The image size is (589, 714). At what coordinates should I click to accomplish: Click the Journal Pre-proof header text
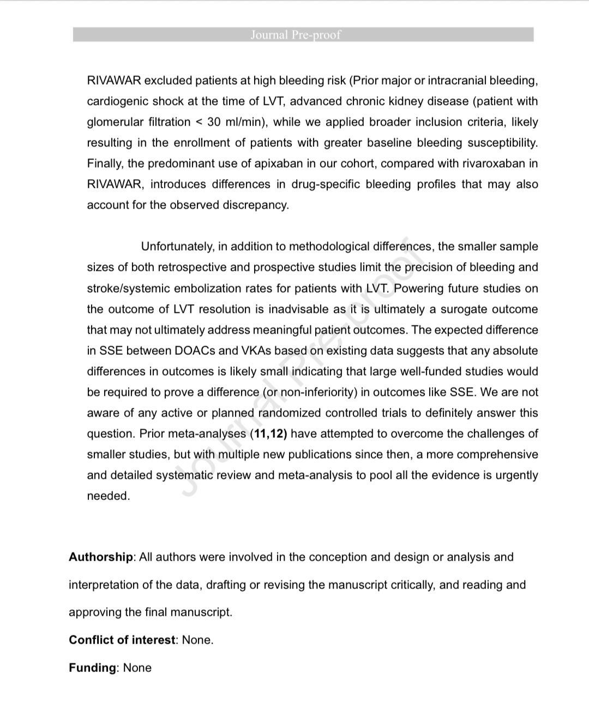tap(296, 35)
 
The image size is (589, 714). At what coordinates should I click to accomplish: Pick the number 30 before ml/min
tap(214, 122)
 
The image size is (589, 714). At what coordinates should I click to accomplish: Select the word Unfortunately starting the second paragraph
tap(177, 247)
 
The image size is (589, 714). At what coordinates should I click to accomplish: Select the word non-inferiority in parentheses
tap(320, 392)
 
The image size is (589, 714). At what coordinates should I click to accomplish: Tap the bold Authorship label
tap(101, 557)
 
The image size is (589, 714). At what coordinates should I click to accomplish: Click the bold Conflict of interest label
tap(123, 640)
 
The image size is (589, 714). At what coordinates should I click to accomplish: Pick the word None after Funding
tap(137, 668)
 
